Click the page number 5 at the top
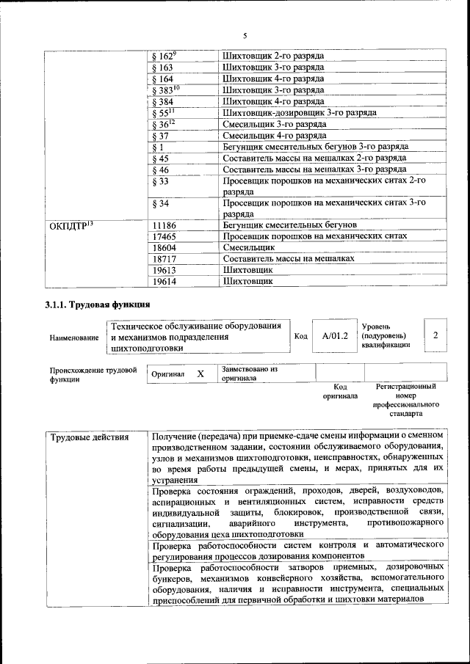click(245, 35)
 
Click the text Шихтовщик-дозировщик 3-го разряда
click(300, 112)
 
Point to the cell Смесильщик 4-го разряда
click(275, 135)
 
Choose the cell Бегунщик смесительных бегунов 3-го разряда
click(315, 146)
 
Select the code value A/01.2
click(334, 335)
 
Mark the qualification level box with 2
click(435, 335)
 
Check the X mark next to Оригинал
click(200, 373)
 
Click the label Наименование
click(74, 338)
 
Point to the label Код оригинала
click(340, 390)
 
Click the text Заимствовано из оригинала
click(249, 374)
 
